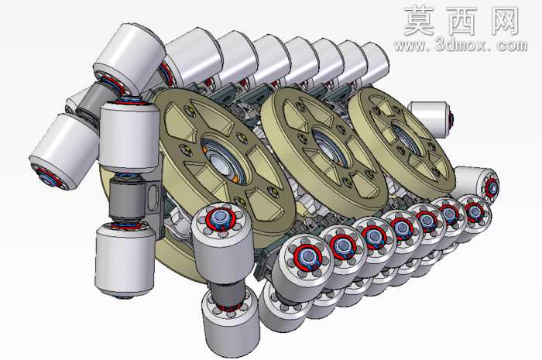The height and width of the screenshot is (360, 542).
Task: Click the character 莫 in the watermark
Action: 420,21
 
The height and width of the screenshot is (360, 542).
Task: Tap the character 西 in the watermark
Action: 463,21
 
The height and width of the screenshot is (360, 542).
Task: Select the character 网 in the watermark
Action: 504,21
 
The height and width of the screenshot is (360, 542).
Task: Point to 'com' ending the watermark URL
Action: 512,46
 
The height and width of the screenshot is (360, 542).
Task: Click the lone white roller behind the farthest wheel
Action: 431,118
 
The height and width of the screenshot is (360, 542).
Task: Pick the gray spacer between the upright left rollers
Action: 127,199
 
